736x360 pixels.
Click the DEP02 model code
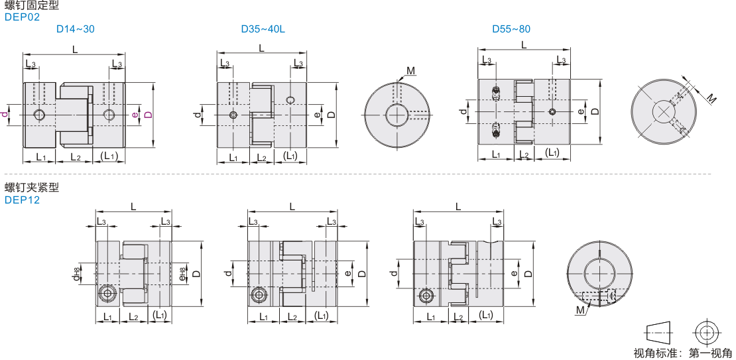click(22, 17)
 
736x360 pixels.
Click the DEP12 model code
click(22, 200)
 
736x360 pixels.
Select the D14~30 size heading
click(76, 29)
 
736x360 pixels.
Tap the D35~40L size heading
click(263, 29)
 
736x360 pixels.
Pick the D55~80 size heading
click(511, 29)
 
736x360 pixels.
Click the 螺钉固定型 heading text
click(32, 6)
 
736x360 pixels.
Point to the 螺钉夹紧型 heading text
click(32, 188)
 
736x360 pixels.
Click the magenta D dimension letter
click(149, 115)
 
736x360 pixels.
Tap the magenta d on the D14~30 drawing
click(5, 114)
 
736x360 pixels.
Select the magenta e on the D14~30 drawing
click(135, 114)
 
